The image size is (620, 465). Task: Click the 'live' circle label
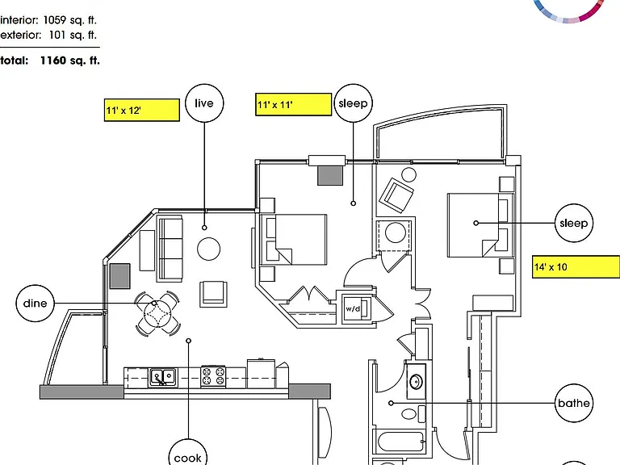(204, 103)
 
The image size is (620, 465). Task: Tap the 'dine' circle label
(36, 304)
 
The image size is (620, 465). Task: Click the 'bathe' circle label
(574, 403)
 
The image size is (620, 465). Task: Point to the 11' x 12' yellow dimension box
(142, 110)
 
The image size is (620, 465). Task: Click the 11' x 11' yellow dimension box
(293, 104)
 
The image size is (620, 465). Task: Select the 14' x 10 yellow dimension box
(576, 267)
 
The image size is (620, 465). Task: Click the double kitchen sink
(163, 376)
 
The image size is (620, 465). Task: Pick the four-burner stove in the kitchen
(213, 376)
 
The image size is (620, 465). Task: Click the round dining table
(157, 314)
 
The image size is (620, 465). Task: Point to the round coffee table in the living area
(209, 249)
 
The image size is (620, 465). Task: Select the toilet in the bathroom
(413, 414)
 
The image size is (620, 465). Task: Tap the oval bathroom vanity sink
(416, 382)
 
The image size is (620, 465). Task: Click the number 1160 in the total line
(53, 61)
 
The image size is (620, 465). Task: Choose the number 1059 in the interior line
(56, 20)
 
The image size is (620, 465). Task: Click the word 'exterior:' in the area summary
(20, 36)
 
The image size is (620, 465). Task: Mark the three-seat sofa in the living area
(170, 249)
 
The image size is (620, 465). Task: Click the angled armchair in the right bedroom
(396, 195)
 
